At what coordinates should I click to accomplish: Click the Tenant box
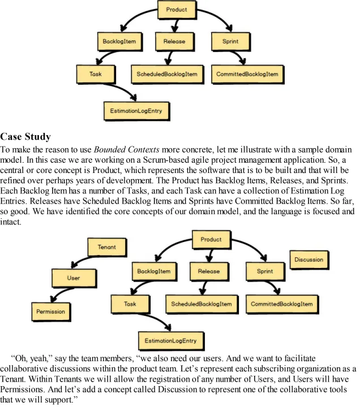pos(107,247)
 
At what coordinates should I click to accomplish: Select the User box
pos(74,278)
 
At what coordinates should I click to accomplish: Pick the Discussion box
pos(309,260)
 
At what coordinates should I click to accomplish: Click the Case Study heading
pos(26,136)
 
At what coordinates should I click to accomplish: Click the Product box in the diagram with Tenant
pos(211,239)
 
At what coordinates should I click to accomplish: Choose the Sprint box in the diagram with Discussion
pos(264,271)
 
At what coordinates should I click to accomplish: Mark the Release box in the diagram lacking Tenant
pos(174,41)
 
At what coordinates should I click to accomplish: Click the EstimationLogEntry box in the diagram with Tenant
pos(170,341)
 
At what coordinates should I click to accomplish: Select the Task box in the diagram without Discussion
pos(95,73)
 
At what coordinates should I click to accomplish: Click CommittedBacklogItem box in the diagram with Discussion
pos(282,304)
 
